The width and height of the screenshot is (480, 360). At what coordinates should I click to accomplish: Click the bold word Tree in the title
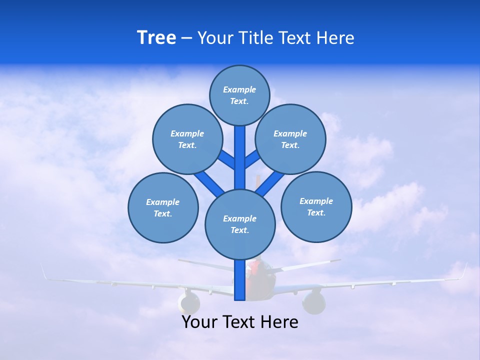(156, 38)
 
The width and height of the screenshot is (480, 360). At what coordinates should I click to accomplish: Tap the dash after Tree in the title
(186, 38)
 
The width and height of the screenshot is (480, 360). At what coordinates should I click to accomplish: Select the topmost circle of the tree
(239, 95)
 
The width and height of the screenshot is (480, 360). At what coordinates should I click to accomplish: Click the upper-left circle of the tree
(187, 139)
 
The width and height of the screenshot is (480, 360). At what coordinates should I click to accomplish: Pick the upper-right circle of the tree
(290, 139)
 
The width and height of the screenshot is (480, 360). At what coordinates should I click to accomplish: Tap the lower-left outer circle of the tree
(163, 207)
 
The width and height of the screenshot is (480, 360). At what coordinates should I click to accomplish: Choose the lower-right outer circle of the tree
(316, 206)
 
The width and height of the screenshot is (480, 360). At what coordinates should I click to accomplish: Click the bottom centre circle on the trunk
(240, 224)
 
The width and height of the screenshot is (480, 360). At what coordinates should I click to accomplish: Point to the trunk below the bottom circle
(240, 280)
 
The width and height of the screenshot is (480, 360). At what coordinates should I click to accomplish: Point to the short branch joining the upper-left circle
(226, 160)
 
